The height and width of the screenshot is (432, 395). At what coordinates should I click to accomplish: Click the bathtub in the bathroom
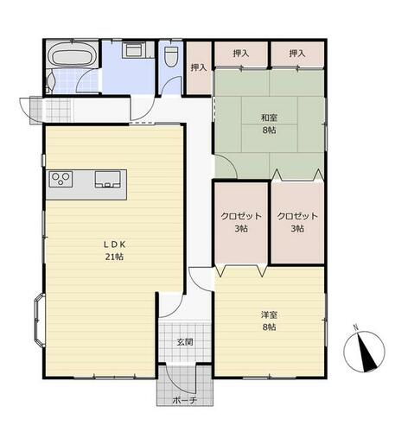72,56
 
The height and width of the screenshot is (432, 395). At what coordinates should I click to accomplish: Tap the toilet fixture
170,56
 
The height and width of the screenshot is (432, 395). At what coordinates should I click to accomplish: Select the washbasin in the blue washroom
135,50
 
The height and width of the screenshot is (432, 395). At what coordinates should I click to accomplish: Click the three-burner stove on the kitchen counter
61,179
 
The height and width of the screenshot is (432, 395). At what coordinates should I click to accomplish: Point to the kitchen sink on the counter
107,180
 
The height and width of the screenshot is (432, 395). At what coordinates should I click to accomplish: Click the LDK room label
114,245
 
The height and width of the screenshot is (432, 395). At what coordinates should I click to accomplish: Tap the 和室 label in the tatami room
269,118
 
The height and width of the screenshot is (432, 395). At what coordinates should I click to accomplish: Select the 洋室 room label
269,314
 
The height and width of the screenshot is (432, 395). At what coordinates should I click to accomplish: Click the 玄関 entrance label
185,342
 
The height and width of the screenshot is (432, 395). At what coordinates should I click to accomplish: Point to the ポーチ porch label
184,400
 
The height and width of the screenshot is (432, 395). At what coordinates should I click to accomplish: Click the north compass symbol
364,352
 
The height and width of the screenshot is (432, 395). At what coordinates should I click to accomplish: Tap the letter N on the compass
356,327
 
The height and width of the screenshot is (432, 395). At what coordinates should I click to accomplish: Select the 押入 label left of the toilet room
199,67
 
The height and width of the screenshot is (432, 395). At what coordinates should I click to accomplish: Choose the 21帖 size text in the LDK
114,257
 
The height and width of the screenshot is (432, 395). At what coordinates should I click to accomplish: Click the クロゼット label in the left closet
241,216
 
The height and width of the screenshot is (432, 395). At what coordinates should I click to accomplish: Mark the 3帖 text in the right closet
297,229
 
